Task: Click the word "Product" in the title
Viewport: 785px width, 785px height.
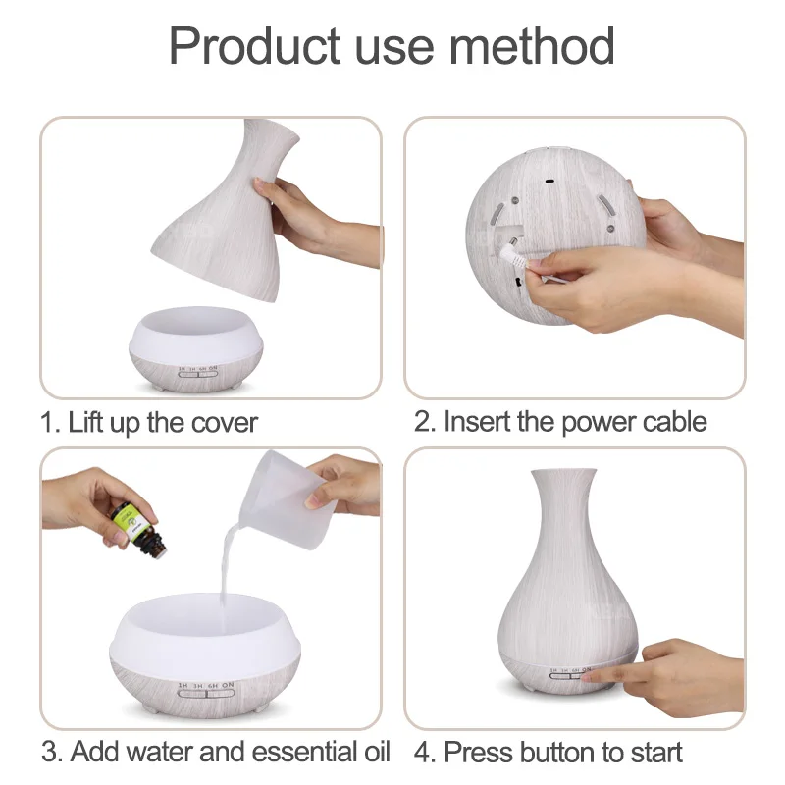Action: (254, 46)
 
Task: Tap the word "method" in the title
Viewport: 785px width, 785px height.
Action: (532, 46)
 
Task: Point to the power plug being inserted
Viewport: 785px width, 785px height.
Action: (512, 254)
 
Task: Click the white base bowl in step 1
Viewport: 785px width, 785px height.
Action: (196, 348)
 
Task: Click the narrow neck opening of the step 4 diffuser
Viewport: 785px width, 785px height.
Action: (563, 472)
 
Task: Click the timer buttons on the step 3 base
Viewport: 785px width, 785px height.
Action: (206, 694)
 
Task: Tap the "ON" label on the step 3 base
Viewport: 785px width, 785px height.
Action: (228, 684)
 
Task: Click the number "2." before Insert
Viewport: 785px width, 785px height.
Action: (425, 422)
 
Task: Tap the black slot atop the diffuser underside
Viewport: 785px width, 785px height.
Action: (549, 182)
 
